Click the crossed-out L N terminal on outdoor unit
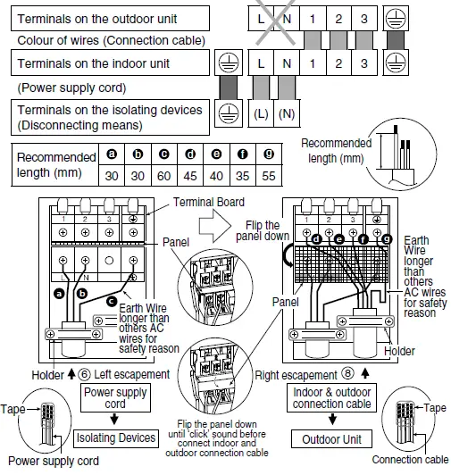pyautogui.click(x=273, y=17)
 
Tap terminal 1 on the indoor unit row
pyautogui.click(x=312, y=63)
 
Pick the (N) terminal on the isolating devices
pyautogui.click(x=286, y=113)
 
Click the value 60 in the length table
pyautogui.click(x=166, y=174)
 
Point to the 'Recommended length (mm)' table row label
pyautogui.click(x=56, y=165)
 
